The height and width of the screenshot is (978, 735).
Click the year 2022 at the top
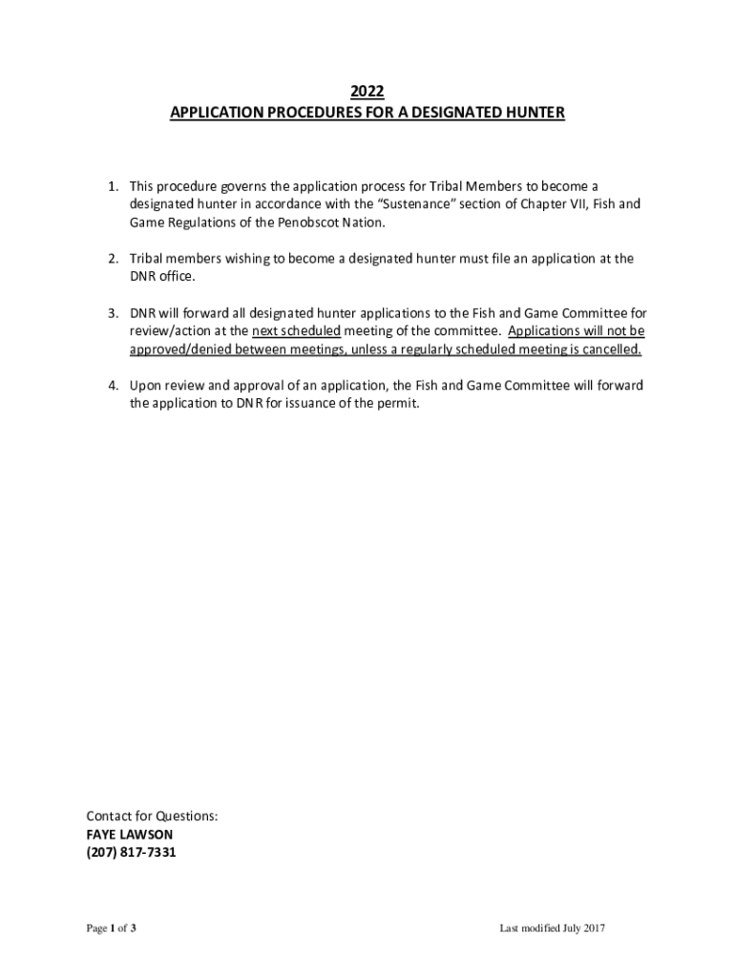click(367, 92)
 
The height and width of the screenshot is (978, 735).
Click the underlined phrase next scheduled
click(296, 331)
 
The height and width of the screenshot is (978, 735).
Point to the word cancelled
click(607, 350)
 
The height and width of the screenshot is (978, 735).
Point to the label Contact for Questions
click(152, 817)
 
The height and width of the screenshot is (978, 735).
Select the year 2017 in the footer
click(593, 929)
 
